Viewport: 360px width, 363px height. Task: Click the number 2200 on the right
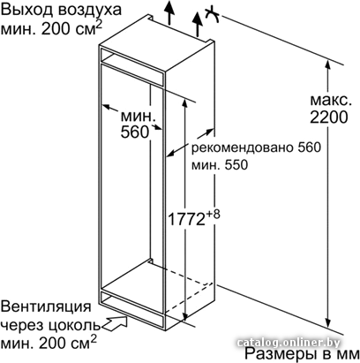point(329,117)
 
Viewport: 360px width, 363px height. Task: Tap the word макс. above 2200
point(331,101)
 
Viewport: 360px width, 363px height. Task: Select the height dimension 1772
point(186,219)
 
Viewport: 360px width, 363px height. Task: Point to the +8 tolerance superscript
point(213,215)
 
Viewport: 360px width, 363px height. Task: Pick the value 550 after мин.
point(236,165)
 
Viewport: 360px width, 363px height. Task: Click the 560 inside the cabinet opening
point(135,132)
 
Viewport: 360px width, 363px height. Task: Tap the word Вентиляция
point(46,306)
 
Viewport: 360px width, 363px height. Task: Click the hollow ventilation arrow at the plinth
point(115,323)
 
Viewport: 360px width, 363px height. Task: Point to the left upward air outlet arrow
point(169,11)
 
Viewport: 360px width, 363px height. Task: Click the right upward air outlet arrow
point(198,24)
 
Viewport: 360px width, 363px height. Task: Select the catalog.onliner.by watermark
point(289,343)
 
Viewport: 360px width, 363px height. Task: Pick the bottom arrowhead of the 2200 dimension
point(328,321)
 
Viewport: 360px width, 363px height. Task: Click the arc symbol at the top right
point(213,16)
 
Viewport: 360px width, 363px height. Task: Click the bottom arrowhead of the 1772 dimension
point(185,315)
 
